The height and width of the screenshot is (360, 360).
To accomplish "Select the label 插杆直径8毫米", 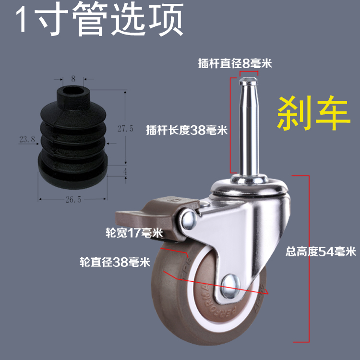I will (x=235, y=63).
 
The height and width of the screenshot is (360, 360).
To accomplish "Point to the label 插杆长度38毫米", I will (x=187, y=130).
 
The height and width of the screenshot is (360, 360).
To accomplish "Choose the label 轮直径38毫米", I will (x=115, y=262).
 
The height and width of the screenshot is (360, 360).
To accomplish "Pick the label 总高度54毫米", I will (x=320, y=251).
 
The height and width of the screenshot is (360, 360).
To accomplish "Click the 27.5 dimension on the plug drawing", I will (x=125, y=129).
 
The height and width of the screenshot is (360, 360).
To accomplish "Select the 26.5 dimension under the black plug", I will (x=72, y=200).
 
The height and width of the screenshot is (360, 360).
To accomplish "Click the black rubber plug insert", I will (x=72, y=139).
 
